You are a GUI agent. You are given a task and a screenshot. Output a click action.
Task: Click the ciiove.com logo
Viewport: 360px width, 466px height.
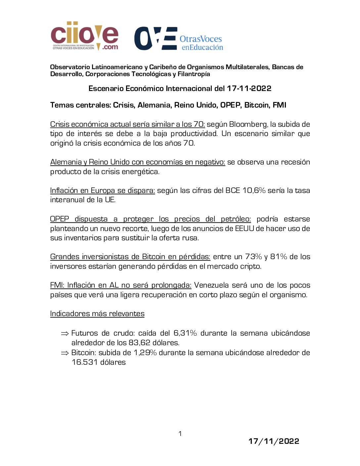(84, 36)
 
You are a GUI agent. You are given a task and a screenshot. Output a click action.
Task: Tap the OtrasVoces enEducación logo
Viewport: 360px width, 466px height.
(179, 39)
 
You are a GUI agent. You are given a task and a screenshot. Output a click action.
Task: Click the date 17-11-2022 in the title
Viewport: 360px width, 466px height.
(249, 88)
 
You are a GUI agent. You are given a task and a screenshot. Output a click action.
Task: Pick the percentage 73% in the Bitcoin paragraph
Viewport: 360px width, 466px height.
(253, 257)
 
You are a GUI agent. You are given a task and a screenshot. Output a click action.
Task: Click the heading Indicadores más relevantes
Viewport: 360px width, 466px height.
(97, 314)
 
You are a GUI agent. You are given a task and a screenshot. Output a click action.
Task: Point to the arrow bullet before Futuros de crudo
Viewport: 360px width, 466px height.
(65, 333)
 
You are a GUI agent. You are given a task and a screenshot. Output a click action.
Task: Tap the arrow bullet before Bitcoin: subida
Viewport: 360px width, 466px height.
(65, 353)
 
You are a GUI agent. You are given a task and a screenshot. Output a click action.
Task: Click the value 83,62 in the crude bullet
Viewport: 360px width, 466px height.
(144, 343)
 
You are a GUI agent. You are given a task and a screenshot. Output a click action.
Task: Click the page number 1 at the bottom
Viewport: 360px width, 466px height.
(180, 434)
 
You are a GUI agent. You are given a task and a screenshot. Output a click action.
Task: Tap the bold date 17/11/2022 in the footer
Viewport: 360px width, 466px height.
(274, 441)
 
